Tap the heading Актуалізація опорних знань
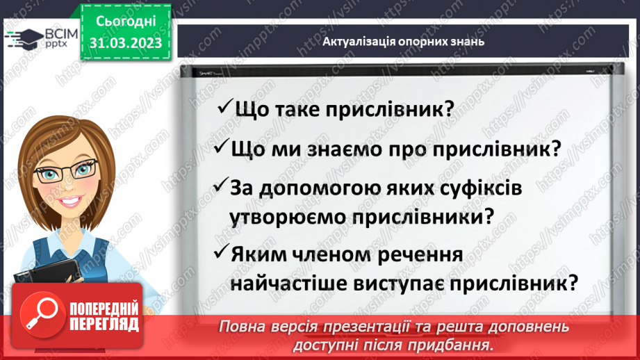tap(404, 41)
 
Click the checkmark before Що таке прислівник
tap(224, 108)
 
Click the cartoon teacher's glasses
tap(67, 169)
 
